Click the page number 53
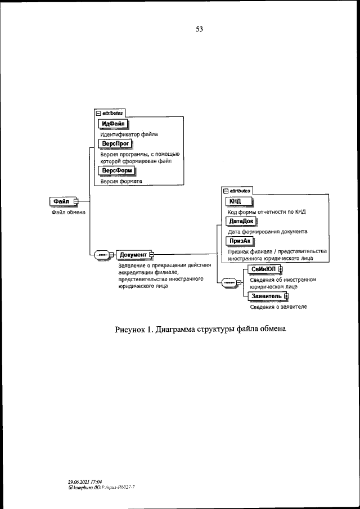click(x=199, y=30)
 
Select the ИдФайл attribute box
click(x=114, y=124)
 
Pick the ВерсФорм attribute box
click(x=117, y=171)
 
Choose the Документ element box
click(x=133, y=255)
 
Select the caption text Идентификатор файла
click(x=129, y=134)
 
